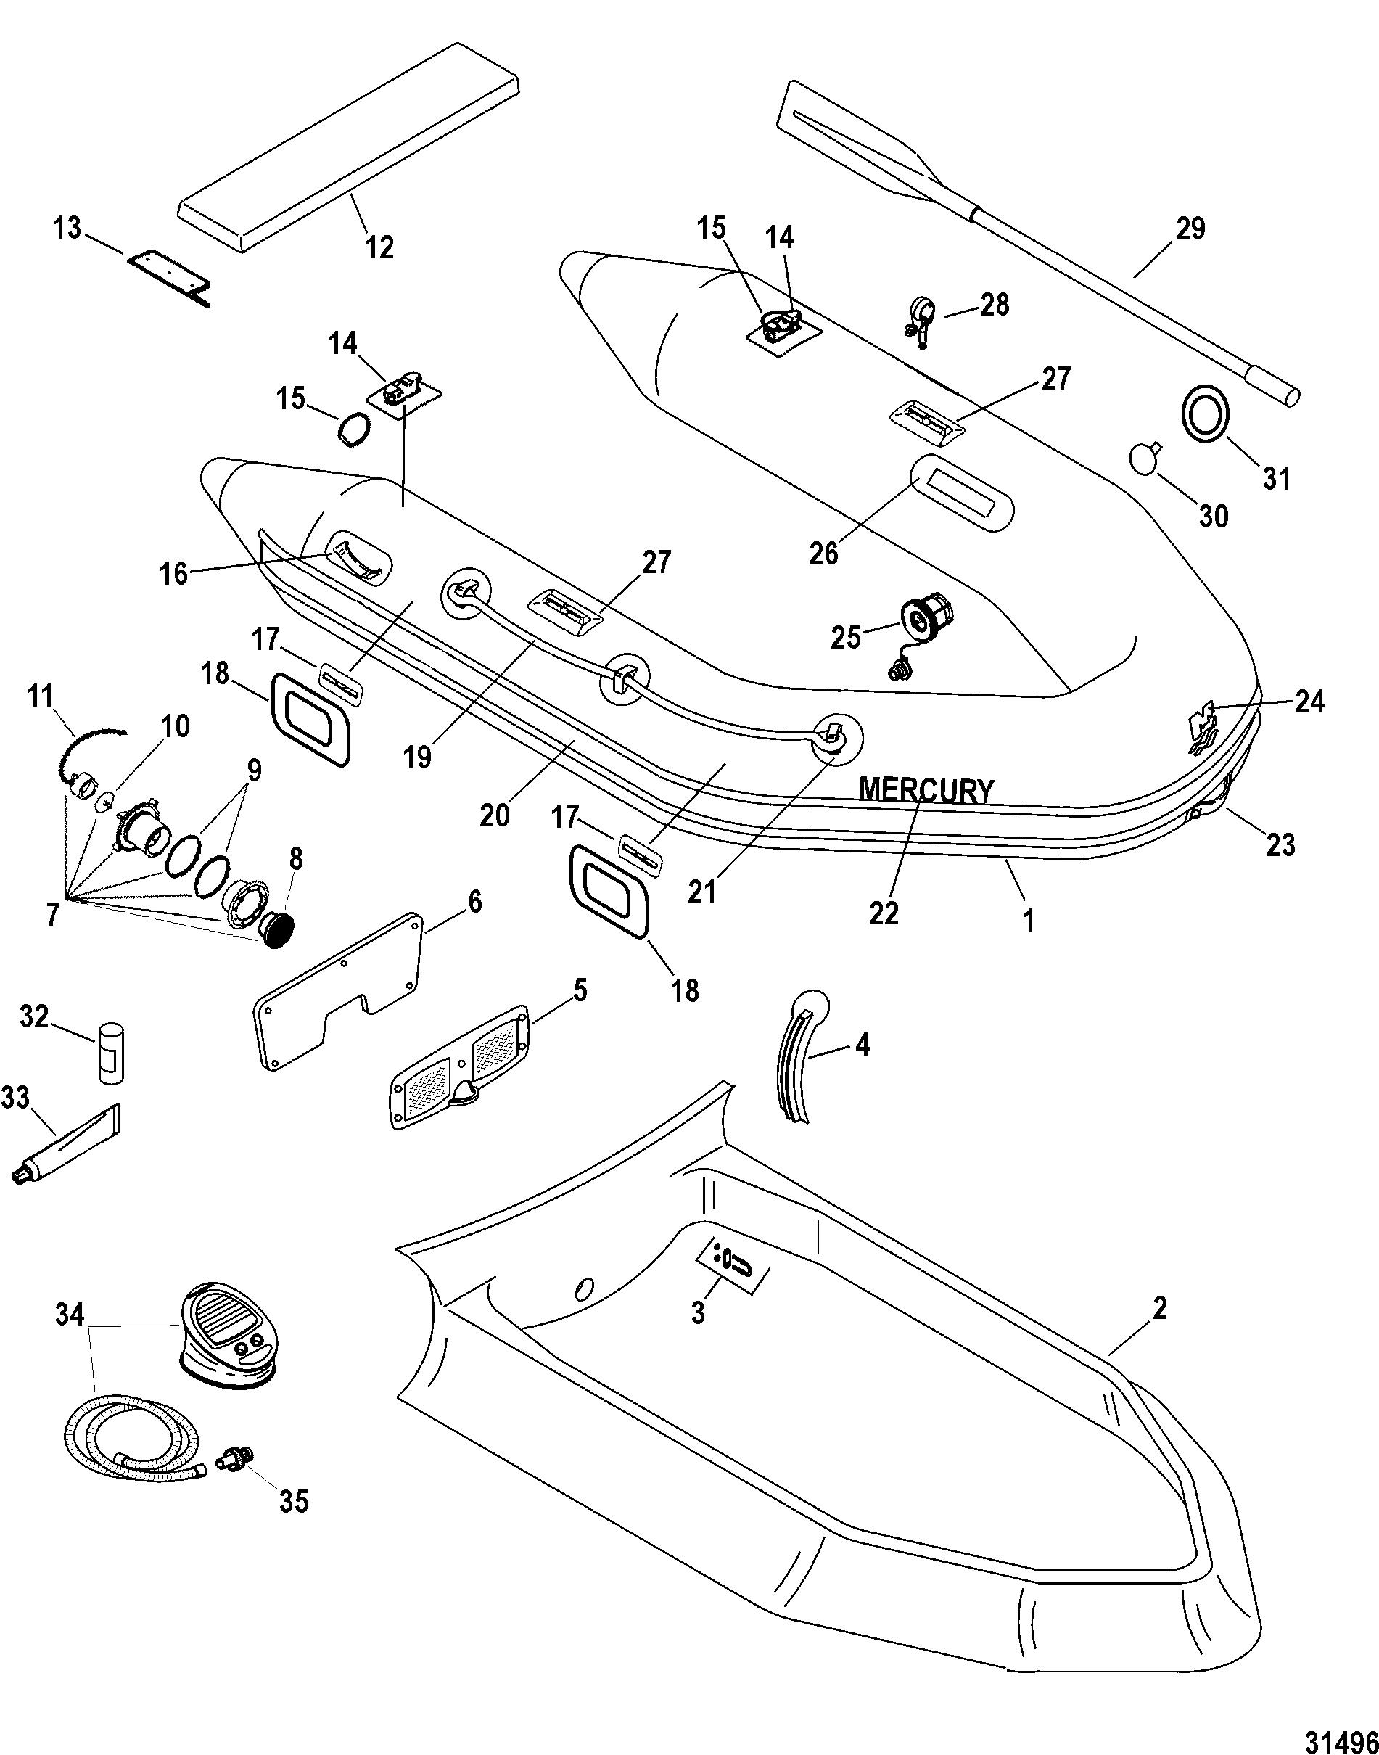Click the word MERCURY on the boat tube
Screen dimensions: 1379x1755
[926, 790]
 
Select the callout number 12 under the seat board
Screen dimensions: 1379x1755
[380, 246]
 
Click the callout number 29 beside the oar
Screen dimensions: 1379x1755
[1190, 229]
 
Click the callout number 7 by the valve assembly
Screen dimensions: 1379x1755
[52, 915]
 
